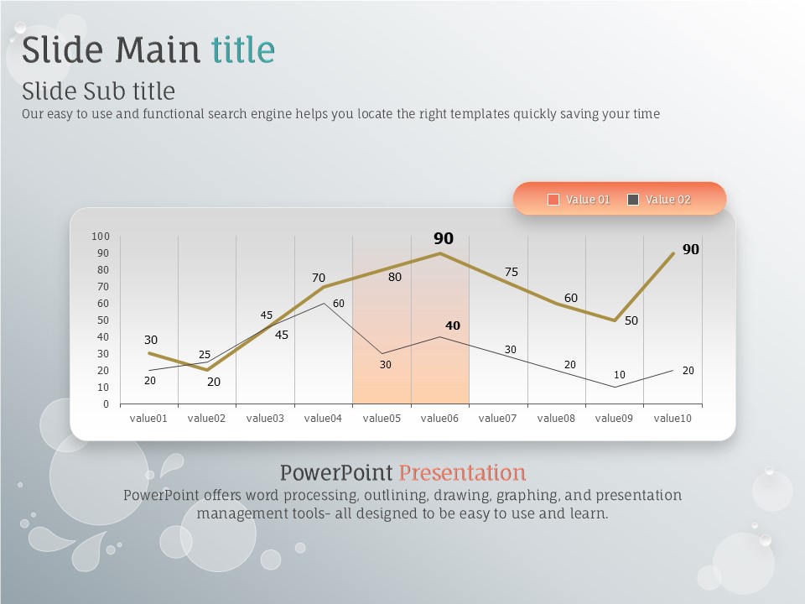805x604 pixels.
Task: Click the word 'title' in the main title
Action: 243,49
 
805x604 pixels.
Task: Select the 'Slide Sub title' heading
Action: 99,91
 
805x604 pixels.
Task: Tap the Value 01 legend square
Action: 553,200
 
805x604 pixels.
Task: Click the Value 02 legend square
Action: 633,200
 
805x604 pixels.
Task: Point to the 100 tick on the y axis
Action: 101,237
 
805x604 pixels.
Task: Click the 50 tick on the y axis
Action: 103,320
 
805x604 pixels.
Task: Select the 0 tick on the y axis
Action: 106,404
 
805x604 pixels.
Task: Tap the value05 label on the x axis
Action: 382,418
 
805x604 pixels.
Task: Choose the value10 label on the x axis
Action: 673,418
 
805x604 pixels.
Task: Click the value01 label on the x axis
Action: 148,418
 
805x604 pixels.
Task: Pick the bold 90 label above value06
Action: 444,238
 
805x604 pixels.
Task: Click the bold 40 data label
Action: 453,325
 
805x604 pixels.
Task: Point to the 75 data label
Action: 512,272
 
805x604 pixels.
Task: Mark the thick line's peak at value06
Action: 439,253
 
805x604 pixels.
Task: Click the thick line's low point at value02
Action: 207,370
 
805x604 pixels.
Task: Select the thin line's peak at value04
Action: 324,304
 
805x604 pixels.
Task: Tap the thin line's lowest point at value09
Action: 615,387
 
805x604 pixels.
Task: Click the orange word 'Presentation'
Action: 462,472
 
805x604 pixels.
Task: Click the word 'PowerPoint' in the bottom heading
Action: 336,472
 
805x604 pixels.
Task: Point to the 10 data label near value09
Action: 620,375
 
